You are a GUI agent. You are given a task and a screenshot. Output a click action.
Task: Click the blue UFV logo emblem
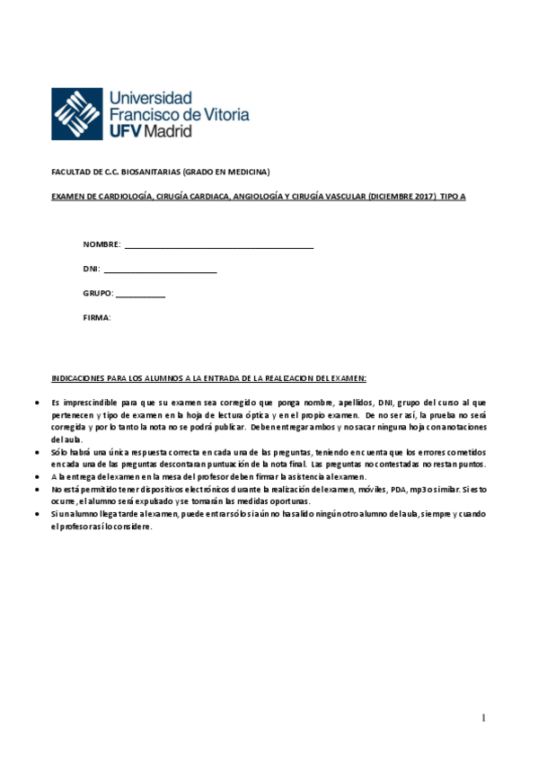[76, 114]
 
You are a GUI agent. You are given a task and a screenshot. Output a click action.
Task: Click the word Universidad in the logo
[149, 97]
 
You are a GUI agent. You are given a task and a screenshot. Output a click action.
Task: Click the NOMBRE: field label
[101, 244]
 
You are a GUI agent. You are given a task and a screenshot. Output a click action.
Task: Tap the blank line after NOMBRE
[219, 246]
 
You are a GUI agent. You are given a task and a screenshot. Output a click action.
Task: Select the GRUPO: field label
[98, 294]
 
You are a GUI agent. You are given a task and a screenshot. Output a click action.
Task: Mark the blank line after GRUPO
[140, 296]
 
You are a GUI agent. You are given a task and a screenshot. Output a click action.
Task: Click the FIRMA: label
[97, 318]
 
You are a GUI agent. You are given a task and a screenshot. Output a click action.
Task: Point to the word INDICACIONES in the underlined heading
[79, 378]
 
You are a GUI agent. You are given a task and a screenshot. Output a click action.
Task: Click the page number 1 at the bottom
[483, 718]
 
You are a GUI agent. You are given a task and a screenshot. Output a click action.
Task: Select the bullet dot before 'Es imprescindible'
[35, 403]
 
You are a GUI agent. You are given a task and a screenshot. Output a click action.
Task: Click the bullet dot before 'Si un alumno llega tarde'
[35, 513]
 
